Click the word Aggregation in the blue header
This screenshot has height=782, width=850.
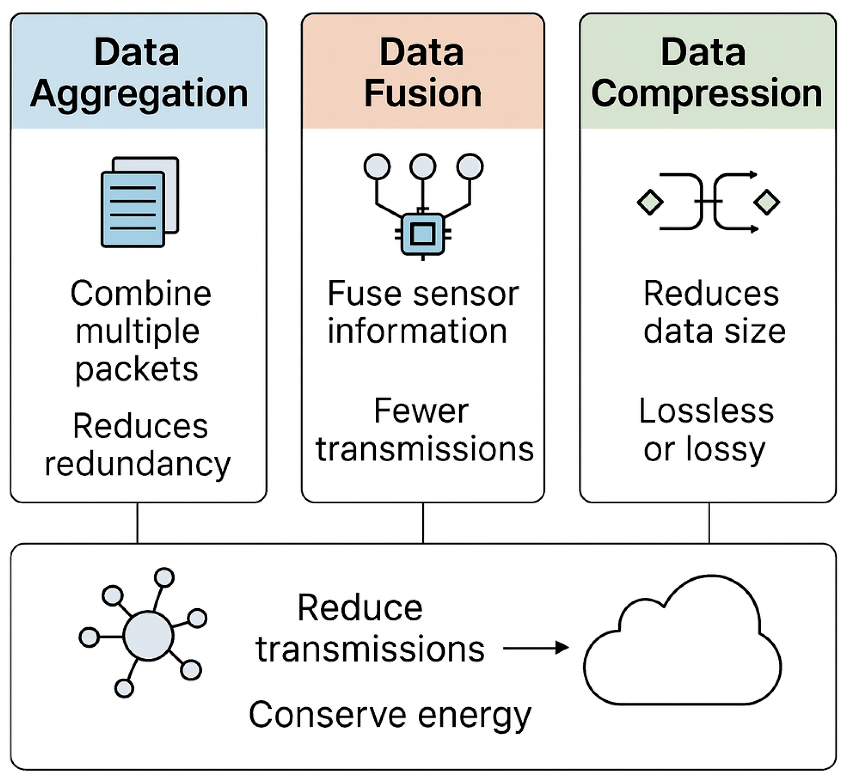pos(139,94)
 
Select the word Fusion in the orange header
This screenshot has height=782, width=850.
pos(423,94)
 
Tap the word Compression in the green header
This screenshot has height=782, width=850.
pos(707,94)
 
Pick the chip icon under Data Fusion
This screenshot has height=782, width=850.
pos(423,234)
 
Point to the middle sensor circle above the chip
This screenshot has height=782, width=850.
pos(423,166)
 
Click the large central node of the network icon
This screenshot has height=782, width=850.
pos(148,635)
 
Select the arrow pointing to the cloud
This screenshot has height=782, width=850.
pos(535,648)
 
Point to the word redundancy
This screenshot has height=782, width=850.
pos(138,465)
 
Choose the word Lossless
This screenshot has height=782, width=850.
pos(706,411)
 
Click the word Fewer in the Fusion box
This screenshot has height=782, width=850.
pos(421,411)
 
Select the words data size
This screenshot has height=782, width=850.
pos(714,331)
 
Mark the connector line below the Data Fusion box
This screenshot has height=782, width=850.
pos(423,523)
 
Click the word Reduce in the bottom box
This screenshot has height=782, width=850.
pos(360,608)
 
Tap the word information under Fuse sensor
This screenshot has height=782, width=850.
pos(417,331)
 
